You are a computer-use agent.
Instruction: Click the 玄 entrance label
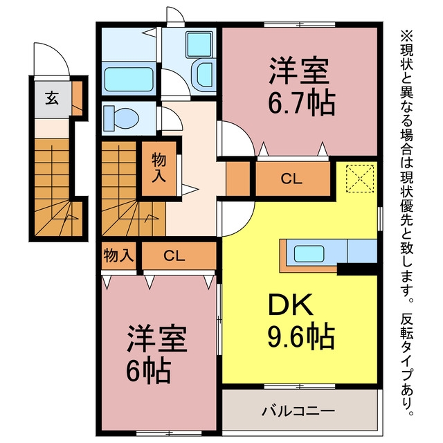tap(52, 98)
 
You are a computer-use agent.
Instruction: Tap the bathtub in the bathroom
tap(129, 79)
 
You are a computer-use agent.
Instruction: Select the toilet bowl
tap(122, 118)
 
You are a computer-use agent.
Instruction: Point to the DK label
tap(291, 305)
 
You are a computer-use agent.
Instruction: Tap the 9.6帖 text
tap(301, 336)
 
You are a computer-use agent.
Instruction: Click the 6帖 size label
tap(148, 370)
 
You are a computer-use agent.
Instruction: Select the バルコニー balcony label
tap(298, 410)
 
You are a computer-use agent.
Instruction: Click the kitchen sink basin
tap(309, 254)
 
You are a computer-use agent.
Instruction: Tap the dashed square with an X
tap(360, 179)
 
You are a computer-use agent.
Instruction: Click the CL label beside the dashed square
tap(291, 179)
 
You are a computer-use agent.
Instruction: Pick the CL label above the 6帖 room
tap(174, 255)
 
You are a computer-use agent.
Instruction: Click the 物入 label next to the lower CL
tap(118, 255)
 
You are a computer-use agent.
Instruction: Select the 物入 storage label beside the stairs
tap(159, 168)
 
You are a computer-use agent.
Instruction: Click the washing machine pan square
tap(199, 44)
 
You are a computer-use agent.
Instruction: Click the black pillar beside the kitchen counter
tap(357, 269)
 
